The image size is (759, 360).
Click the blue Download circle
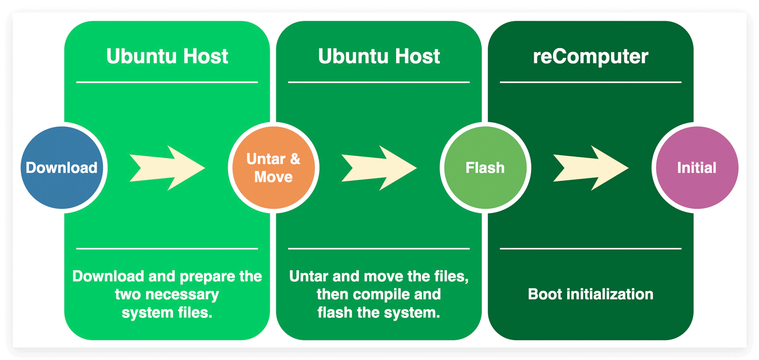(62, 168)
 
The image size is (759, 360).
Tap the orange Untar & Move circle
(273, 168)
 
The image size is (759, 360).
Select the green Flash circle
(485, 168)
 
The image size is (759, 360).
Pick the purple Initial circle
(697, 168)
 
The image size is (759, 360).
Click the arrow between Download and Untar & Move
(167, 168)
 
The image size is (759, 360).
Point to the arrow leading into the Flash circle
(379, 168)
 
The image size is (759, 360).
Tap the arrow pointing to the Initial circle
(591, 168)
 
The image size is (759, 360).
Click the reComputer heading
(591, 57)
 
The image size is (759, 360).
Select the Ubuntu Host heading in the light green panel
(167, 56)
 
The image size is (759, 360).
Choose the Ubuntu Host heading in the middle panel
(379, 56)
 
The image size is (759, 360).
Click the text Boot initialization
(591, 294)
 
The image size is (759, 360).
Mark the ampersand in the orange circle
(295, 158)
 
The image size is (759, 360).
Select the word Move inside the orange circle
(273, 177)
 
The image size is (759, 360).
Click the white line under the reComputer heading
(591, 82)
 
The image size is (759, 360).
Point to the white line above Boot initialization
(591, 249)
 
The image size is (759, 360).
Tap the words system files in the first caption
(166, 312)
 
